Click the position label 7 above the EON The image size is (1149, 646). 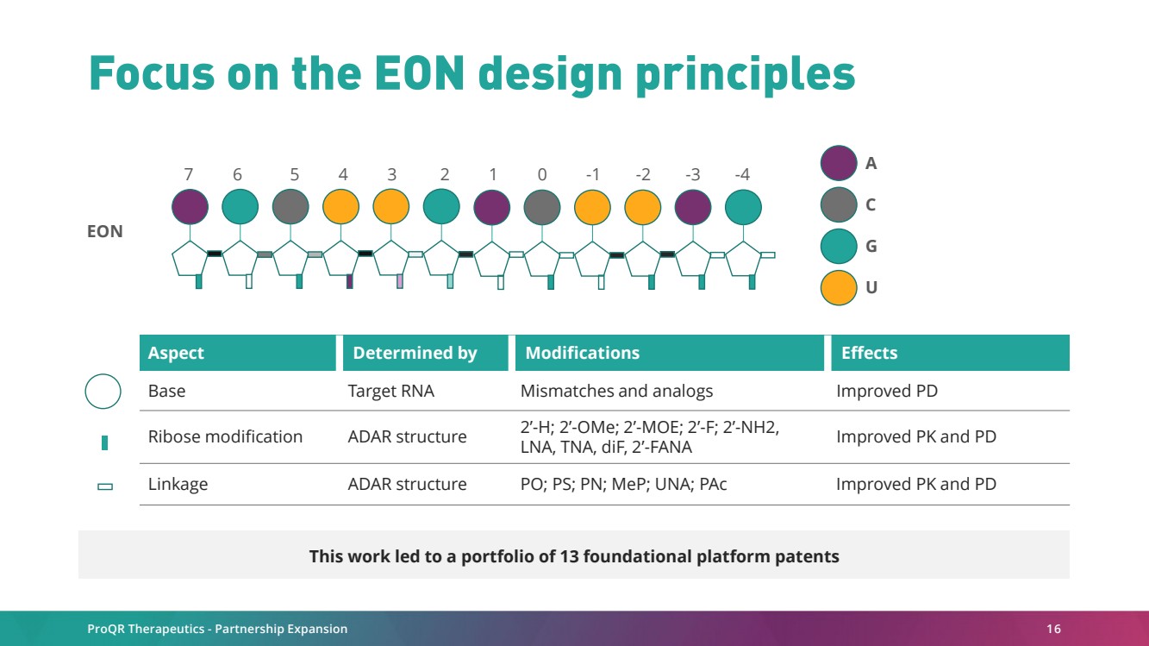click(189, 174)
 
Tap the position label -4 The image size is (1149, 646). click(742, 174)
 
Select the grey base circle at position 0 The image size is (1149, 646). click(542, 207)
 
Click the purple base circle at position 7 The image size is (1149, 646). click(190, 207)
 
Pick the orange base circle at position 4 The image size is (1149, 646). click(341, 207)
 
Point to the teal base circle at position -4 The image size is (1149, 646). click(743, 207)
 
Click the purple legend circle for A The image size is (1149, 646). click(839, 163)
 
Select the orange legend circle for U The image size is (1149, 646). click(839, 288)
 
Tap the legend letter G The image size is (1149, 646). click(871, 247)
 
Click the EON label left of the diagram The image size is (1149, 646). click(105, 231)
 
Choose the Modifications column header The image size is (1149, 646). click(582, 353)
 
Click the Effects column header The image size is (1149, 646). click(870, 353)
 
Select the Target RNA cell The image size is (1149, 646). click(390, 391)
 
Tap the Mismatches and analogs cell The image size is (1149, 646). click(616, 391)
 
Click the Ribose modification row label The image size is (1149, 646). click(225, 436)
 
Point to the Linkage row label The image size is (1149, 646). click(178, 484)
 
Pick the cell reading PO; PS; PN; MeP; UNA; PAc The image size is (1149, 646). click(623, 484)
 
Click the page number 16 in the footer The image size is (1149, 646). click(1053, 629)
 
